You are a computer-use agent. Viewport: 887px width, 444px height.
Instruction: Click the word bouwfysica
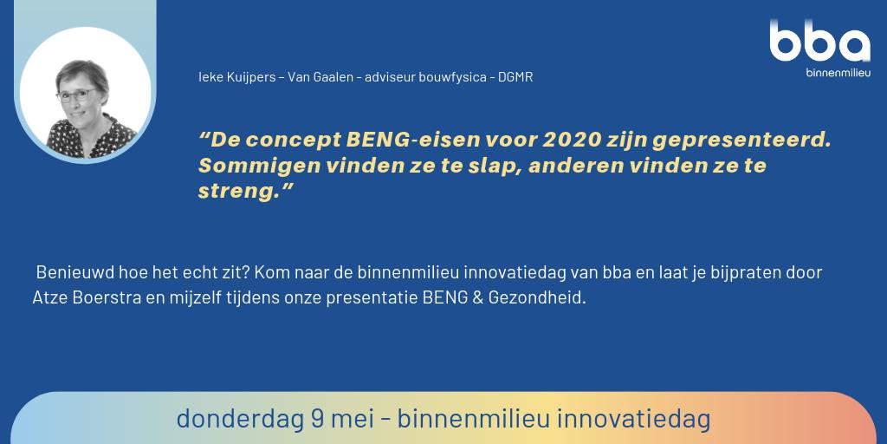(453, 77)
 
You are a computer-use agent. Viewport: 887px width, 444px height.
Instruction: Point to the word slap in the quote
(492, 165)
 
